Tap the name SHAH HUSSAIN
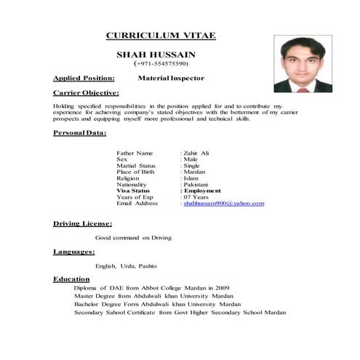pyautogui.click(x=161, y=55)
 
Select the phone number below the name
pyautogui.click(x=161, y=64)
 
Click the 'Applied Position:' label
pyautogui.click(x=84, y=77)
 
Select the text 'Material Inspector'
pyautogui.click(x=171, y=77)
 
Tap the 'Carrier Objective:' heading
pyautogui.click(x=87, y=94)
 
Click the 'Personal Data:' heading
pyautogui.click(x=80, y=134)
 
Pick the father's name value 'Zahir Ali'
pyautogui.click(x=198, y=153)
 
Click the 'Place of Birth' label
pyautogui.click(x=135, y=172)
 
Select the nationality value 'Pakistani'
pyautogui.click(x=197, y=185)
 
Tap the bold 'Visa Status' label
pyautogui.click(x=135, y=191)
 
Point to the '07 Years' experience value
pyautogui.click(x=198, y=197)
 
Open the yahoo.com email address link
pyautogui.click(x=223, y=204)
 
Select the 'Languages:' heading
pyautogui.click(x=74, y=252)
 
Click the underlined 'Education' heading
pyautogui.click(x=71, y=279)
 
